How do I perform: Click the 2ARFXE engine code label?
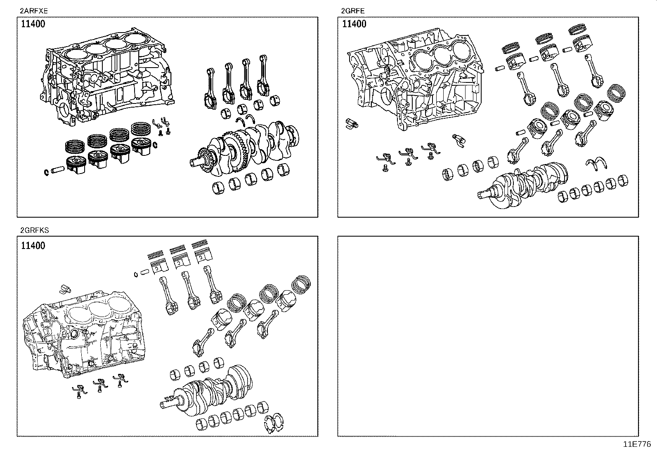(x=31, y=11)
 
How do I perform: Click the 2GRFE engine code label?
(x=352, y=11)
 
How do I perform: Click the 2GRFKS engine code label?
(x=34, y=230)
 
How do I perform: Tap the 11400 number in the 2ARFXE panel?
(x=33, y=23)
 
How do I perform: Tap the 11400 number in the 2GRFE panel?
(x=354, y=23)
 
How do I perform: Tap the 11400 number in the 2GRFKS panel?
(x=33, y=246)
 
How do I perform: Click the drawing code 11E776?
(x=637, y=444)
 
